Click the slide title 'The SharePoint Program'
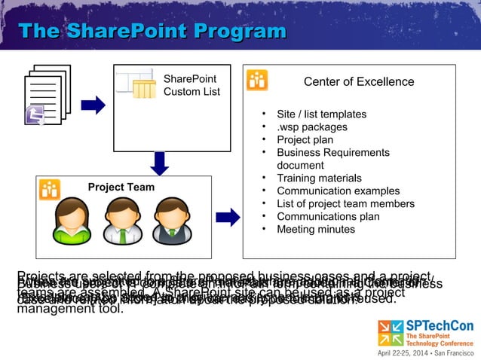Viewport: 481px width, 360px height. (x=152, y=32)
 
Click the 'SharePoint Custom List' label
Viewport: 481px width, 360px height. (x=191, y=85)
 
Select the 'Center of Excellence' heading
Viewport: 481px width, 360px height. (x=358, y=82)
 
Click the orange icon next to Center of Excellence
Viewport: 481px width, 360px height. (x=258, y=80)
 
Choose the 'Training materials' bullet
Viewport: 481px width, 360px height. (x=319, y=178)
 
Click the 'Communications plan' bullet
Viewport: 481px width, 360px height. (x=328, y=217)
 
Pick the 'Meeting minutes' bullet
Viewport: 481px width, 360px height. (x=315, y=230)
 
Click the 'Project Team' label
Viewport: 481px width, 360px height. (x=121, y=188)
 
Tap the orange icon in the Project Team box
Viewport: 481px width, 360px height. (x=51, y=189)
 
